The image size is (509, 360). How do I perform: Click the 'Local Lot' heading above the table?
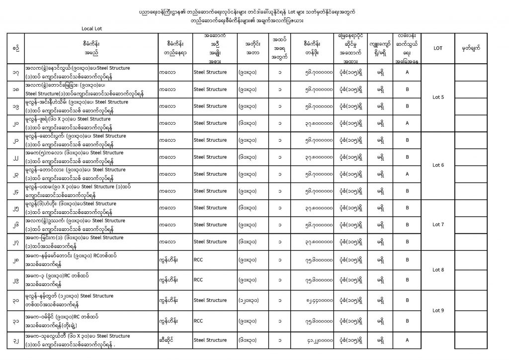click(x=92, y=28)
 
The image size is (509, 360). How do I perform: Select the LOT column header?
click(x=438, y=48)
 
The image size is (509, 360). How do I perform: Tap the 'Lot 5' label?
click(x=438, y=97)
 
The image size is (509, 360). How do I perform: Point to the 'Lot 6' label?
click(x=438, y=165)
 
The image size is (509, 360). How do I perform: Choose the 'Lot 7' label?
click(x=438, y=224)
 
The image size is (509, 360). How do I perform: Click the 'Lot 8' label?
click(x=438, y=270)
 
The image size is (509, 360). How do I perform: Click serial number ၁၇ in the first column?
click(x=17, y=72)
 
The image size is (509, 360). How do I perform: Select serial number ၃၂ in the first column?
click(x=17, y=340)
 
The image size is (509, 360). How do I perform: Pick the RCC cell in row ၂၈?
click(x=198, y=259)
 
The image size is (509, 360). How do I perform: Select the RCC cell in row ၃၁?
click(x=198, y=321)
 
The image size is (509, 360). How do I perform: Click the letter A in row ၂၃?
click(x=407, y=174)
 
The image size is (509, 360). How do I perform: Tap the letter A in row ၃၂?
click(x=407, y=340)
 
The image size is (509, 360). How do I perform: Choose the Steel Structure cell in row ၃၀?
click(x=210, y=300)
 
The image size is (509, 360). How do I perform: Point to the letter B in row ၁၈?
click(x=407, y=90)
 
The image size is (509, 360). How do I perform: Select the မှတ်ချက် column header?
click(x=480, y=48)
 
